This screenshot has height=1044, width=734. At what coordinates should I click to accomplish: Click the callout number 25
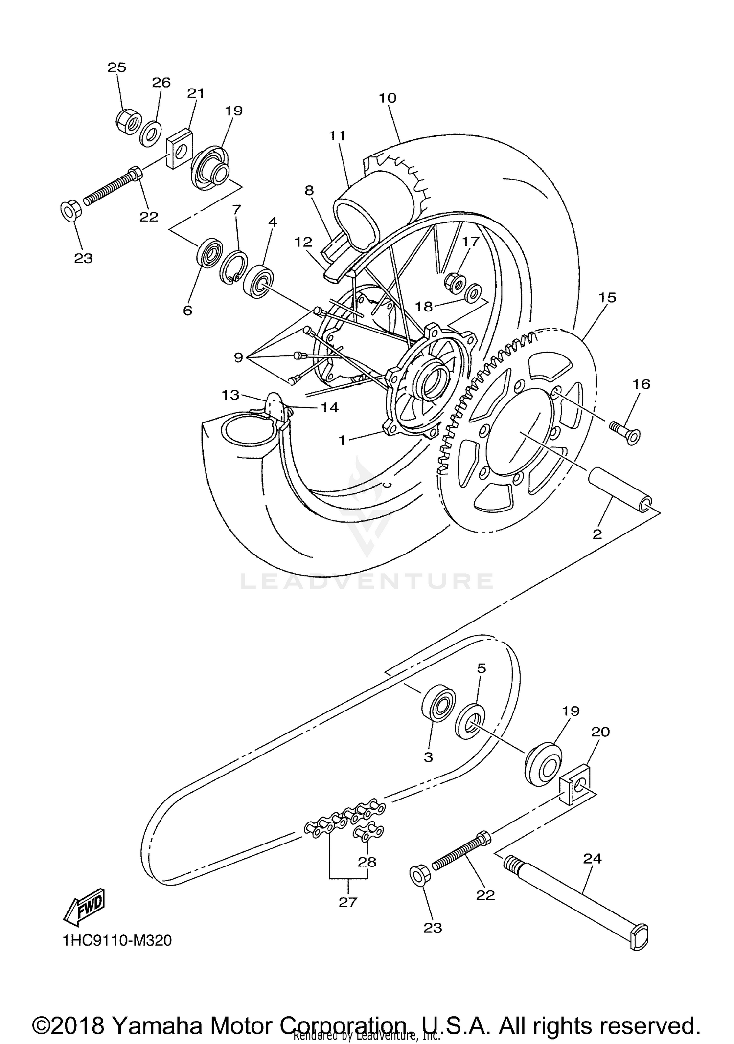pos(117,67)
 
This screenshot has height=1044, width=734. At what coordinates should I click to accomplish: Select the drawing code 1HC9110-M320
pos(117,940)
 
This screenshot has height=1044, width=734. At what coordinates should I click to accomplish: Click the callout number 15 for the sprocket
pos(607,297)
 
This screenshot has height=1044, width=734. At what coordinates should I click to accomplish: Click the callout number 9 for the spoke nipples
pos(238,357)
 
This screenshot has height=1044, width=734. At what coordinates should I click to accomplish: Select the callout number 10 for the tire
pos(388,98)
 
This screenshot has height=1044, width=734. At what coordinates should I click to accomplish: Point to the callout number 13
pos(230,394)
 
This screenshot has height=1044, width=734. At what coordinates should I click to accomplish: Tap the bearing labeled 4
pos(259,281)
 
